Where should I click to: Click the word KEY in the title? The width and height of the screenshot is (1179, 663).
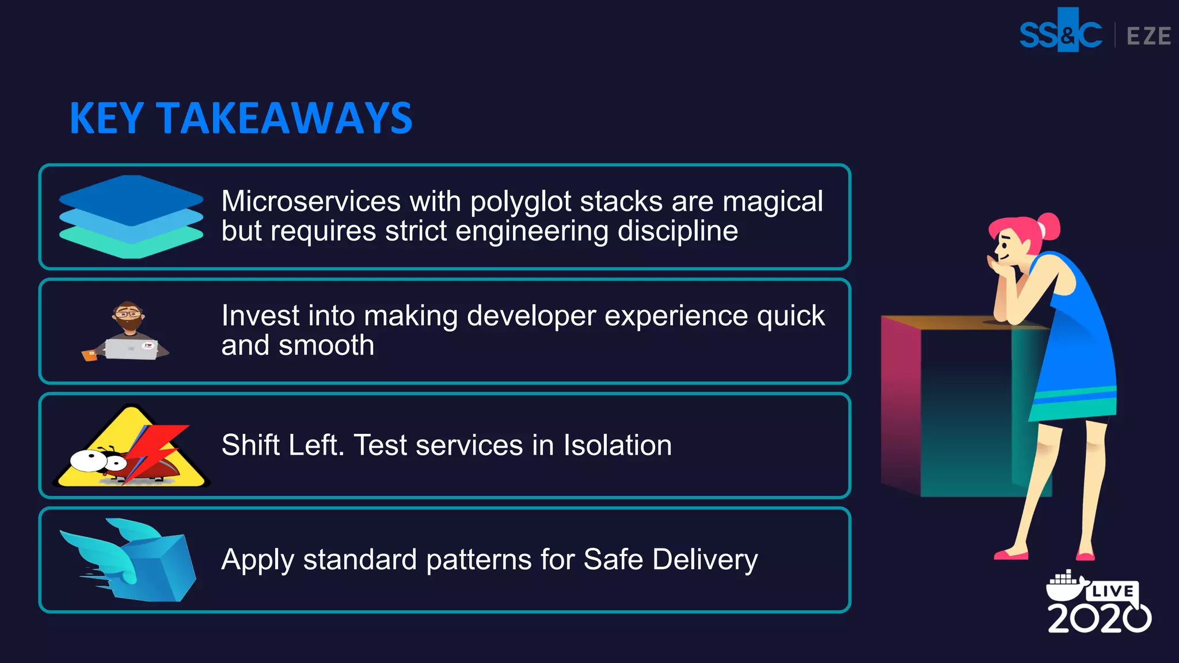[x=107, y=119]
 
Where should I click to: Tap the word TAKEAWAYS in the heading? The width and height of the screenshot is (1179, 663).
[x=284, y=119]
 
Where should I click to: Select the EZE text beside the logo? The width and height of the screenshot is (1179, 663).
[x=1148, y=36]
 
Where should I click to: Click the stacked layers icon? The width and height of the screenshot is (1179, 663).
[x=131, y=216]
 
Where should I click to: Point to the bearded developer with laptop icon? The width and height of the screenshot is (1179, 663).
[x=127, y=332]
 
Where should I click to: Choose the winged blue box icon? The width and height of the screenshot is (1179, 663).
[x=130, y=561]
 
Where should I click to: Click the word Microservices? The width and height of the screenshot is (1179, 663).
[x=311, y=201]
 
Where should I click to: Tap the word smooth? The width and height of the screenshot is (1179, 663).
[x=326, y=345]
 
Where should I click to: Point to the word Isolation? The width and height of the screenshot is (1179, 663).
[x=617, y=445]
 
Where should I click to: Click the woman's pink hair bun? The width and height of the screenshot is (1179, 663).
[x=1049, y=226]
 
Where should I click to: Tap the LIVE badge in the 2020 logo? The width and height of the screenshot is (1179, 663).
[x=1112, y=591]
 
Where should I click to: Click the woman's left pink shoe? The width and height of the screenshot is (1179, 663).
[x=1011, y=555]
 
